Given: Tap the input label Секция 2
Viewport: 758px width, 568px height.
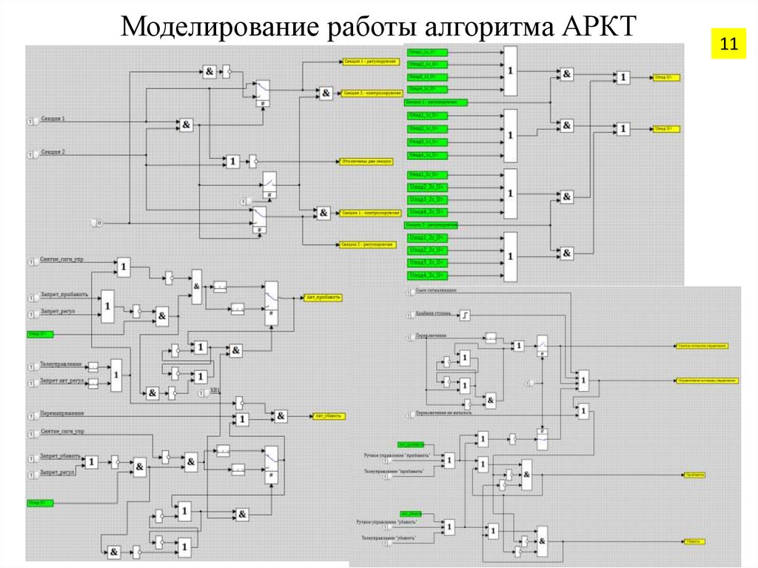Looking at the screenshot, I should [53, 153].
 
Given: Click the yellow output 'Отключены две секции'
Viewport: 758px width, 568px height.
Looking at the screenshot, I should [366, 161].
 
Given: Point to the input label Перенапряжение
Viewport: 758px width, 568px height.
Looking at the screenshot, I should [62, 413].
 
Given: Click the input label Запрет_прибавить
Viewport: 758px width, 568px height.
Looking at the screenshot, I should [64, 294].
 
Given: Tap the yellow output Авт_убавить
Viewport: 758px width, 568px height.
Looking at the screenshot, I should [327, 416].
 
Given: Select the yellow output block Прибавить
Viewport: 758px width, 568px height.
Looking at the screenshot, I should [694, 475].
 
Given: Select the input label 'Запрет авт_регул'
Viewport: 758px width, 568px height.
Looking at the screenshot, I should [62, 381].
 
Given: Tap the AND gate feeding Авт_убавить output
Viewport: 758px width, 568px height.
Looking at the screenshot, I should [281, 417].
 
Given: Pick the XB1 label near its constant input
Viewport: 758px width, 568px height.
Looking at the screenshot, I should [215, 390].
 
